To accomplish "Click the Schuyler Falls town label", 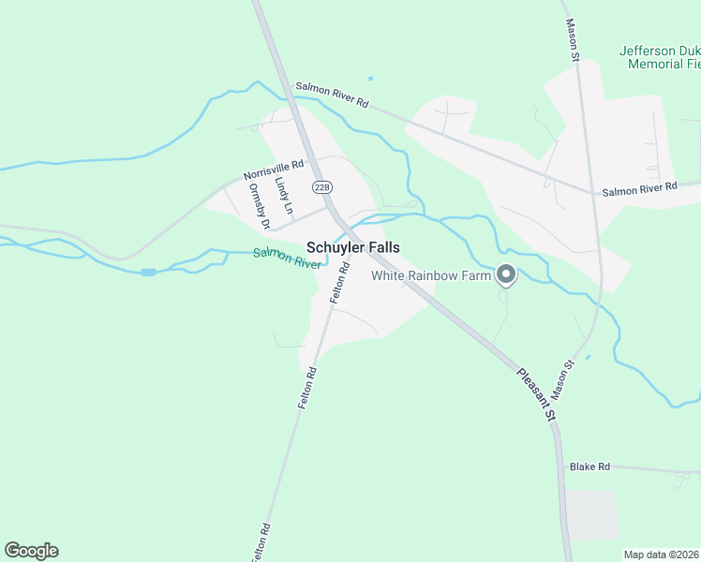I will (x=353, y=248).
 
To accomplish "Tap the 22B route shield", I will (x=322, y=186).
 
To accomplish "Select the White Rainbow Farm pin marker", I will (x=506, y=274).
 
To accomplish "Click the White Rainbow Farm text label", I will (x=431, y=275).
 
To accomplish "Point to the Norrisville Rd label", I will (x=274, y=170).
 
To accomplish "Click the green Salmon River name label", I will (x=287, y=258).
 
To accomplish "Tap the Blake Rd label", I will (x=589, y=466).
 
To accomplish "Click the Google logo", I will (x=31, y=551).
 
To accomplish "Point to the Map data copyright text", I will (x=661, y=555).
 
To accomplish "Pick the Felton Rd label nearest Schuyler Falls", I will (x=339, y=282).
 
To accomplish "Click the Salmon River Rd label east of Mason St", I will (x=639, y=190).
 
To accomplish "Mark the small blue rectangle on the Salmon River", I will (x=148, y=273).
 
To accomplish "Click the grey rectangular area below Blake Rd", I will (x=593, y=515).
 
